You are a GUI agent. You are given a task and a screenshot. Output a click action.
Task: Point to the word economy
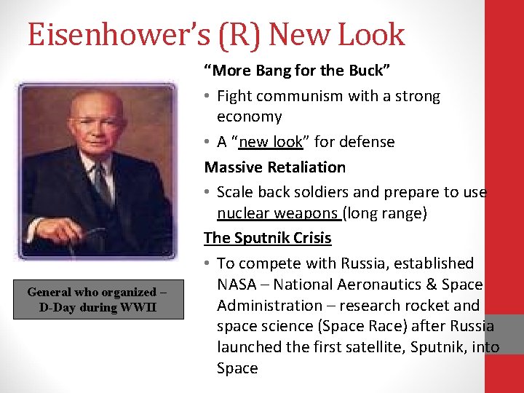point(249,116)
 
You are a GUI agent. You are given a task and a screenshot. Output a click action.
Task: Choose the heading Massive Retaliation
point(274,167)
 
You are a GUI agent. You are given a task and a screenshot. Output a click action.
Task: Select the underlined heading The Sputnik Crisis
point(267,237)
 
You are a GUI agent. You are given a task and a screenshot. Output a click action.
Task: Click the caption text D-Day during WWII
point(98,307)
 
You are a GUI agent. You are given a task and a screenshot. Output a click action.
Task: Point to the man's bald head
point(95,102)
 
